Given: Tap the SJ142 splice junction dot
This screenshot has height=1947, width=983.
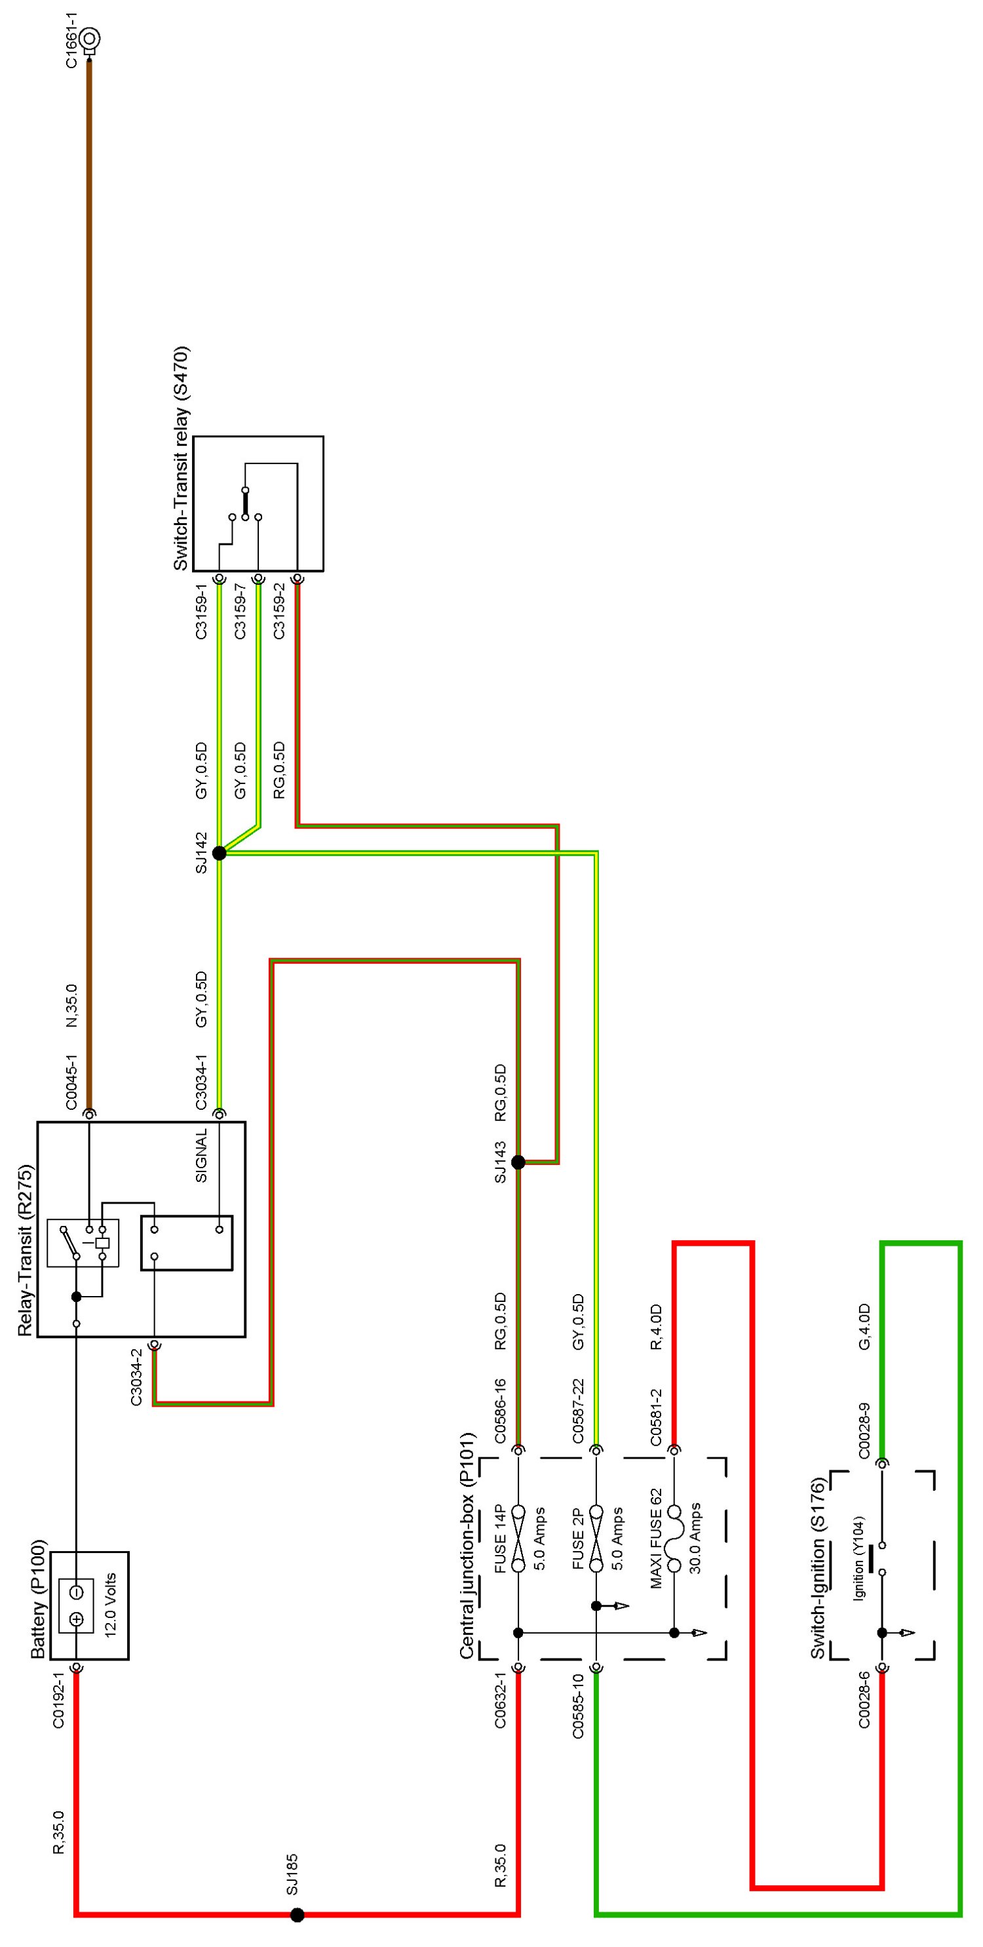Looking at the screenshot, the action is pyautogui.click(x=219, y=854).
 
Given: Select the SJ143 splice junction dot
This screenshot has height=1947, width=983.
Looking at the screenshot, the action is pyautogui.click(x=518, y=1162).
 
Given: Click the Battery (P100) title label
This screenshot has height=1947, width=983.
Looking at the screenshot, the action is pyautogui.click(x=39, y=1600).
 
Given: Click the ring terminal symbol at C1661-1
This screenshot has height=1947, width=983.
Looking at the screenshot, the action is pyautogui.click(x=90, y=39).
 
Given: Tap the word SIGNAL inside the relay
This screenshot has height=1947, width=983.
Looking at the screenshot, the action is pyautogui.click(x=201, y=1156).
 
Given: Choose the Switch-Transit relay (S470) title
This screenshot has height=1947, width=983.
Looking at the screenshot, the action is pyautogui.click(x=181, y=459).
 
